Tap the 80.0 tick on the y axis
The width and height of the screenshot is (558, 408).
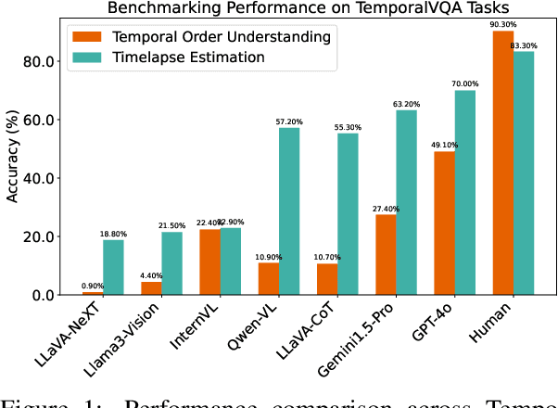(x=42, y=61)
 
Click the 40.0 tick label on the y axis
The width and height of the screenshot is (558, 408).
(x=42, y=178)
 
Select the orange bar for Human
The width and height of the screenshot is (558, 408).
(x=502, y=162)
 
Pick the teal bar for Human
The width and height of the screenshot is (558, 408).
(x=525, y=172)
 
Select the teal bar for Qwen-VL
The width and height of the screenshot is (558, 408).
(x=289, y=210)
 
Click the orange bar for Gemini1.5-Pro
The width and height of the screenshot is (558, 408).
(x=385, y=254)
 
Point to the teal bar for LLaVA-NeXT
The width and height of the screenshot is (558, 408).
(x=112, y=267)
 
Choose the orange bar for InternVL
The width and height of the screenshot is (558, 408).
(x=209, y=261)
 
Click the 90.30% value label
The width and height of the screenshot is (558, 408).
(x=501, y=24)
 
